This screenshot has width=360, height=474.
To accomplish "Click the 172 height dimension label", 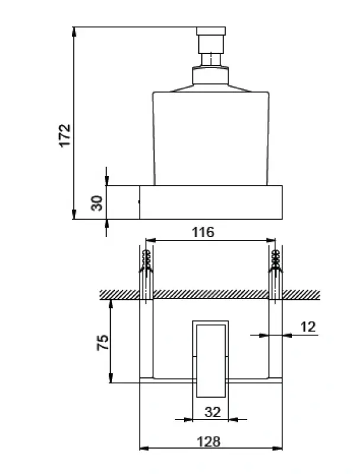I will [65, 135].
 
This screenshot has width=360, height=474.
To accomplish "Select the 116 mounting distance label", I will [203, 232].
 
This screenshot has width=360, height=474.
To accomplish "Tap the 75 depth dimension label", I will [102, 343].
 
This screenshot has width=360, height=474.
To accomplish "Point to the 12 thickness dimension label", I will [308, 326].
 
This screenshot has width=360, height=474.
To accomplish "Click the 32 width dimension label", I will [211, 412].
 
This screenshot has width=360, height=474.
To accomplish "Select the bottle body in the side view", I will [211, 136].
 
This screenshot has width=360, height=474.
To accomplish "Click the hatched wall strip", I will [210, 294].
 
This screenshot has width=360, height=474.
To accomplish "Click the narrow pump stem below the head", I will [210, 57].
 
